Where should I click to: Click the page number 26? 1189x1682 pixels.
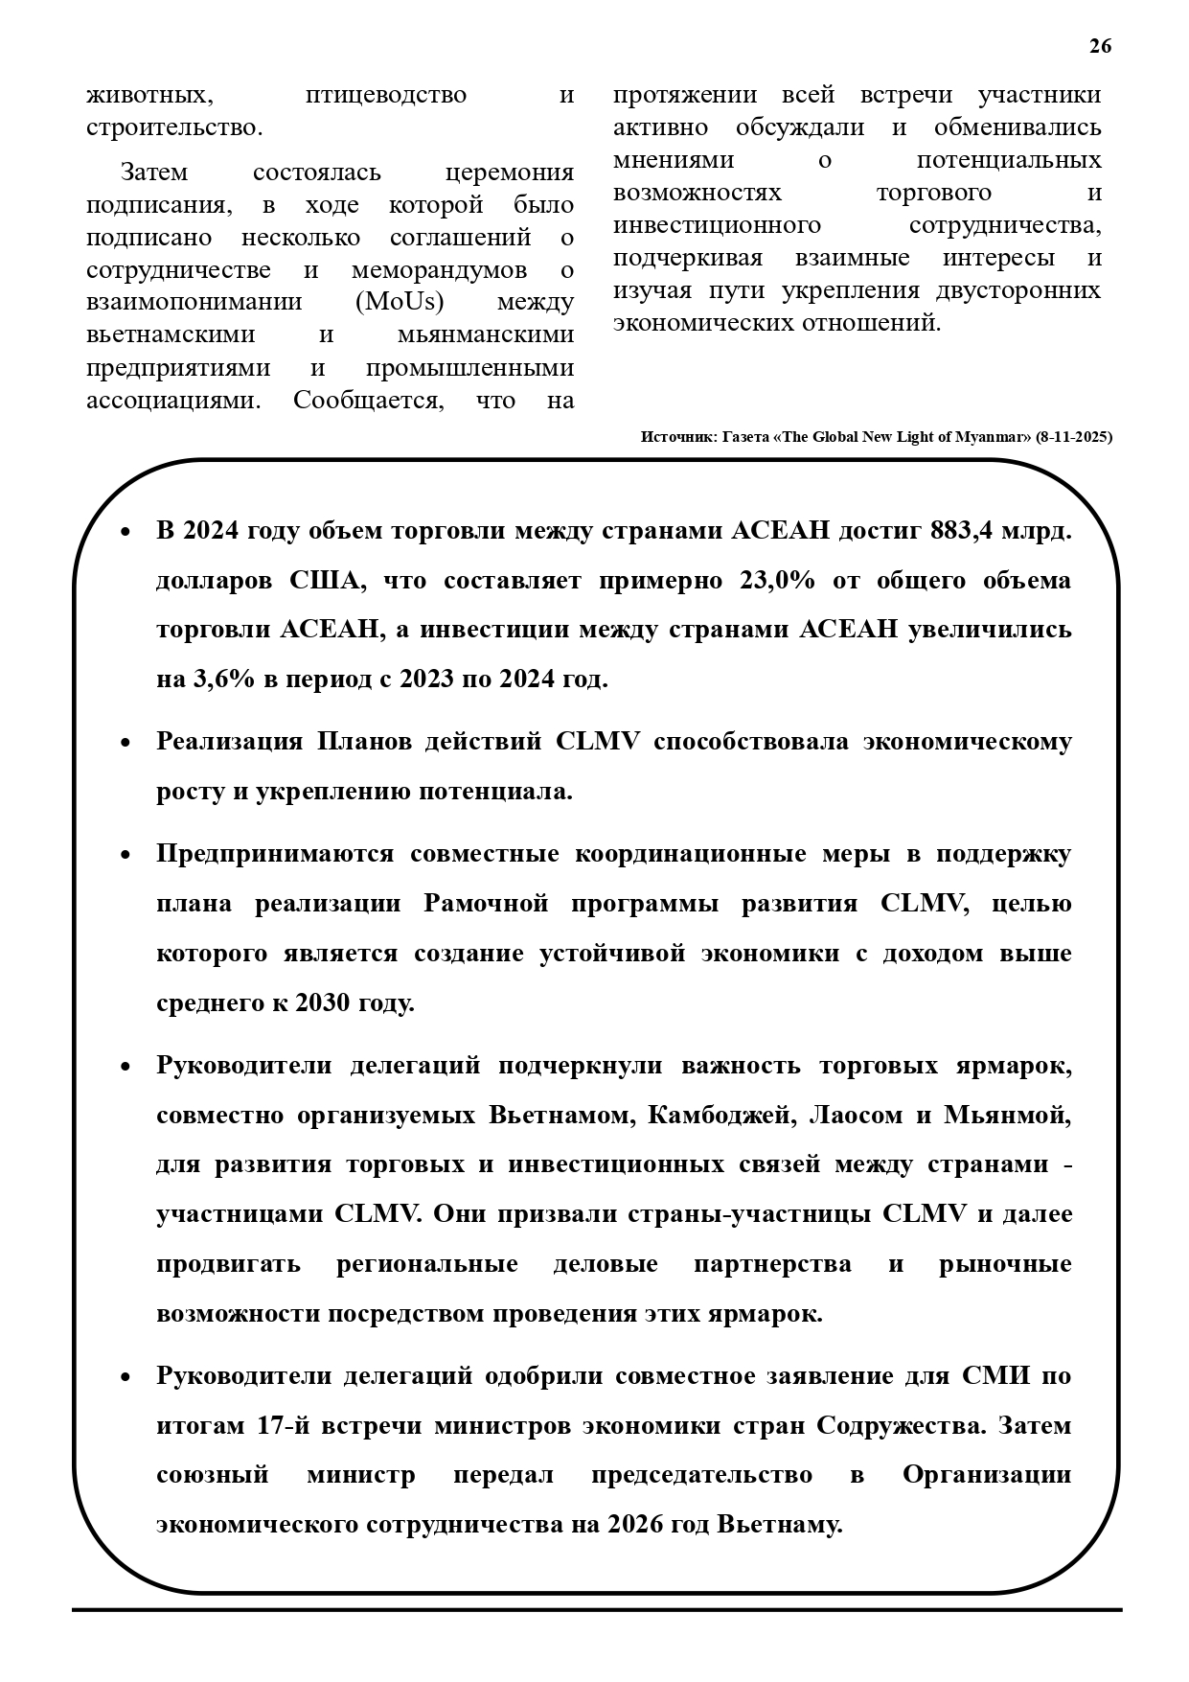[x=1100, y=46]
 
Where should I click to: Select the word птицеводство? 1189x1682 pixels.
[x=385, y=95]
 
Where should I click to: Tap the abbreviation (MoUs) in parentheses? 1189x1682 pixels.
[x=400, y=302]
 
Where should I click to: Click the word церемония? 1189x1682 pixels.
[x=510, y=173]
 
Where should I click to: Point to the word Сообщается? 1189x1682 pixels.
[x=369, y=400]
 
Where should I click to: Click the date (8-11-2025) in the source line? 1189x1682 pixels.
[x=1074, y=437]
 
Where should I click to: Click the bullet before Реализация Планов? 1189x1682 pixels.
[x=125, y=744]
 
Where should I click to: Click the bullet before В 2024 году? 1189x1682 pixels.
[x=125, y=532]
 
